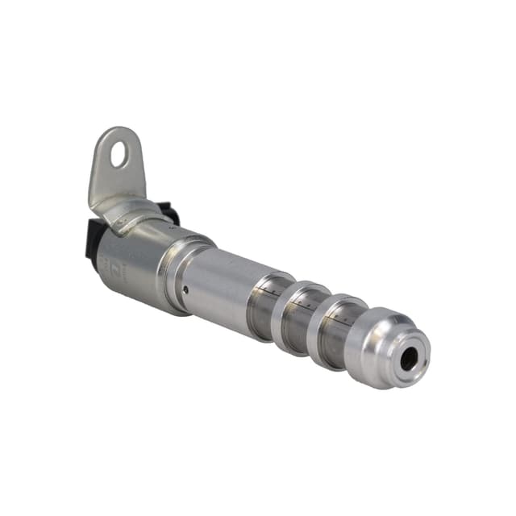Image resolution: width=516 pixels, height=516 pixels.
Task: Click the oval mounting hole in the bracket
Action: (119, 154)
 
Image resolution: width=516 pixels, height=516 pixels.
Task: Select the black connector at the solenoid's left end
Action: (93, 242)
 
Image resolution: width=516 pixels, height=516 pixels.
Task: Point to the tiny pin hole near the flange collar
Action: (186, 289)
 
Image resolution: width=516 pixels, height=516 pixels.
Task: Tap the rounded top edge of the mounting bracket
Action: (121, 131)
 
